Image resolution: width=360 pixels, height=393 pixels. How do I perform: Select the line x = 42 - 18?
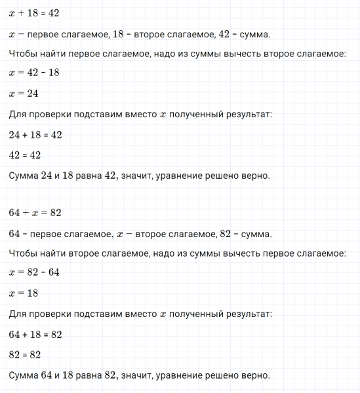34,73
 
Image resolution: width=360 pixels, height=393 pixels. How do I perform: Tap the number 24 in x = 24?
32,94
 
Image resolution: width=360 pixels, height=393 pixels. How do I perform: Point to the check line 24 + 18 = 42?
35,134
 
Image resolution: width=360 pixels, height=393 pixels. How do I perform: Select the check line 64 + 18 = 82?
35,334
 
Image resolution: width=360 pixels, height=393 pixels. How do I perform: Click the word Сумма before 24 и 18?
25,175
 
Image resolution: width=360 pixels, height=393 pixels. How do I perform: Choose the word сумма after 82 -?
258,234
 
